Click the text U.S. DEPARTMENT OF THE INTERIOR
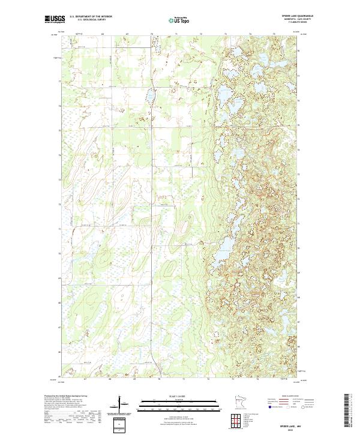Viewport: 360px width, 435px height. [91, 17]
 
